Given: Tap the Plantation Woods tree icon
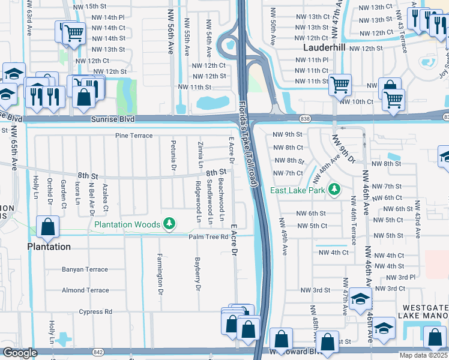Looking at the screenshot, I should tap(170, 224).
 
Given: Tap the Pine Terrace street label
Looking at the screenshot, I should tap(134, 136).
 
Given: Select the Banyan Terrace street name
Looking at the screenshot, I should tap(85, 269).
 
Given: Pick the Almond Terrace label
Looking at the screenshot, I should tap(85, 290).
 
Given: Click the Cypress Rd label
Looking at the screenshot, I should tap(95, 311).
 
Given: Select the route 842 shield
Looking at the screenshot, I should tap(98, 352).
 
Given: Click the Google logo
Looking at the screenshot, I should tap(20, 353).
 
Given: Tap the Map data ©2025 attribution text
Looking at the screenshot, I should tap(423, 355).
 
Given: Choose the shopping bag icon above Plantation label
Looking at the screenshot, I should tap(47, 227).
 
